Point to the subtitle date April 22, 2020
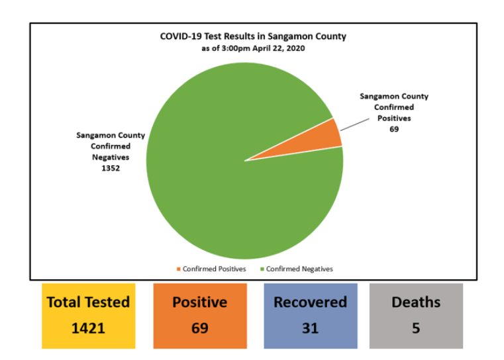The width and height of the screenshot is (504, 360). (275, 48)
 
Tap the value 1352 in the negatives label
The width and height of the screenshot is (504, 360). (111, 168)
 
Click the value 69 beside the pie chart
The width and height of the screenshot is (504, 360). (393, 129)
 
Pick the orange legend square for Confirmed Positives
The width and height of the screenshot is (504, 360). (178, 269)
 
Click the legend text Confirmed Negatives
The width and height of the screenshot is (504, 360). (299, 269)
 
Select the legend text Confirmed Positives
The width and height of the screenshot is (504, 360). (214, 269)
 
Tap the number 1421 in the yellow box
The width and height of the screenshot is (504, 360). (88, 328)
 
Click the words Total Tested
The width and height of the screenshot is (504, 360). (88, 302)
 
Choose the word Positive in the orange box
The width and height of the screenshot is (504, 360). (199, 302)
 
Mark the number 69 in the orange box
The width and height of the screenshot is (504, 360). (199, 328)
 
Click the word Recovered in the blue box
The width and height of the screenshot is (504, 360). (310, 302)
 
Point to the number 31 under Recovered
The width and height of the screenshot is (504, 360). (310, 328)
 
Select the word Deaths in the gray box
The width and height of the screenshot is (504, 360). (416, 302)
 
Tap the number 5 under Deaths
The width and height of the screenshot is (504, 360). (416, 328)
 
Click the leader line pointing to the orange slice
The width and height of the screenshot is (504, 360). (354, 123)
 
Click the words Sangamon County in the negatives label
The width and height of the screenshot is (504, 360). (111, 135)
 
